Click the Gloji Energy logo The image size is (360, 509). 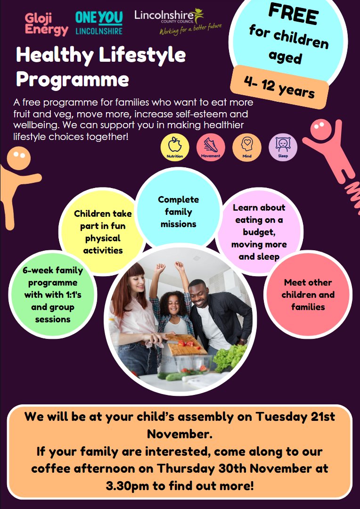click(46, 24)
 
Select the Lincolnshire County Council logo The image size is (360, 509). click(177, 22)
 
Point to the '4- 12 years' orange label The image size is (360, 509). click(279, 87)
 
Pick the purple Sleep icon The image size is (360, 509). click(283, 146)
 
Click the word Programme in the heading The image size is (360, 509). click(73, 79)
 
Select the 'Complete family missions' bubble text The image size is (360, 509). click(178, 212)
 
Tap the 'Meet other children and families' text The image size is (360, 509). click(308, 295)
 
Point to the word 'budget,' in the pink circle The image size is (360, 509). click(259, 232)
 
